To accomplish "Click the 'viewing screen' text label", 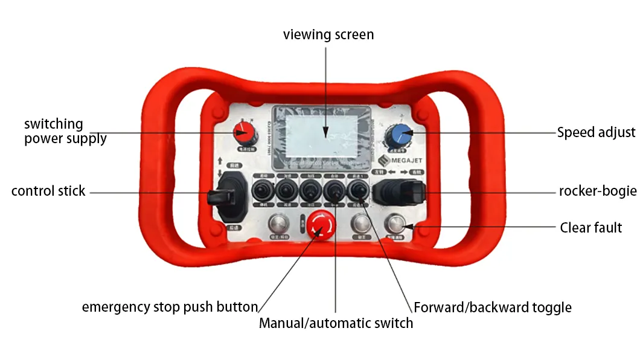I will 328,35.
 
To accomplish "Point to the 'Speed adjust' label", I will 596,132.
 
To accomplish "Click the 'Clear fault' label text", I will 590,228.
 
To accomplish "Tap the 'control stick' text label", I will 48,191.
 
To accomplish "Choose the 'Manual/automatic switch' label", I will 336,323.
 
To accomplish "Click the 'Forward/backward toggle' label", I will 492,307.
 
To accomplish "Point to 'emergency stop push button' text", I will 170,307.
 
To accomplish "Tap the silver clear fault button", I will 397,224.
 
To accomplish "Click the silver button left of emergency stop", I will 278,225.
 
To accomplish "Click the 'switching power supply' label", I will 65,131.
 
